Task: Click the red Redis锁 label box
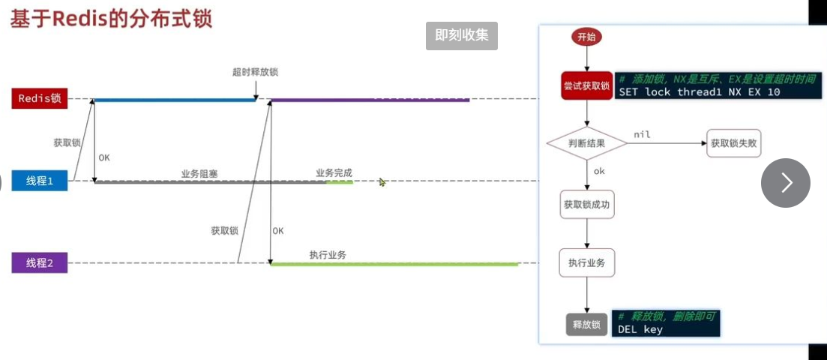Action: [39, 98]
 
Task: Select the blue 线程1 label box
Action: [39, 181]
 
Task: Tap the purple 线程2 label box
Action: [39, 262]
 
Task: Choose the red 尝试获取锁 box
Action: [586, 86]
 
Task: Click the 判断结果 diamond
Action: [586, 142]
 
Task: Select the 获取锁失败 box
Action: [733, 142]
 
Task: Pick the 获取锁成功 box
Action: [586, 204]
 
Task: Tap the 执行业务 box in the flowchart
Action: [586, 262]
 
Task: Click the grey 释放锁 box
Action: [586, 325]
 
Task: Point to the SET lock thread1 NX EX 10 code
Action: [698, 92]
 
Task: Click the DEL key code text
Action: [640, 329]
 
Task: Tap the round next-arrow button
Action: [785, 183]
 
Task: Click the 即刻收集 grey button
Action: [461, 35]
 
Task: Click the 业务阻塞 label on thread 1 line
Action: [199, 173]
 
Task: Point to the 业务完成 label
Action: [334, 172]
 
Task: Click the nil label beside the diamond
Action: [642, 134]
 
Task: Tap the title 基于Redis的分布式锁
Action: [111, 19]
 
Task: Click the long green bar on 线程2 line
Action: [394, 264]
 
